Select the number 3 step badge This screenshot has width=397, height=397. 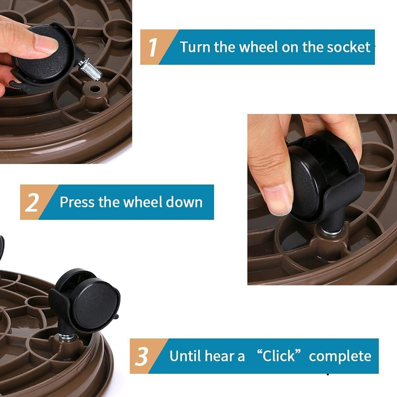click(142, 356)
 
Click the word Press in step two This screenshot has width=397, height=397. click(77, 202)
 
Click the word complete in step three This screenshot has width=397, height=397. click(340, 356)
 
